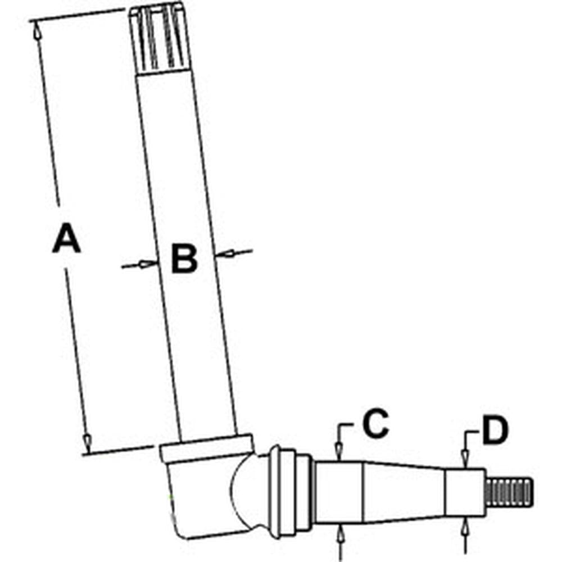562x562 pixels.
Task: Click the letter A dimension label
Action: [66, 238]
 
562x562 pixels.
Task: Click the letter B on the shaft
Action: [184, 259]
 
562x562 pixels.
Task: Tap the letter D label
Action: [495, 430]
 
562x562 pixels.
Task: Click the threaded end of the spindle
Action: [510, 493]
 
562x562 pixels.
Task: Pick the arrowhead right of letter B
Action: [225, 253]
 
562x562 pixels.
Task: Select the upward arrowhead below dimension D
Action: [465, 526]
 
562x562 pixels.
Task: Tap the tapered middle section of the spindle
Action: [404, 491]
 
